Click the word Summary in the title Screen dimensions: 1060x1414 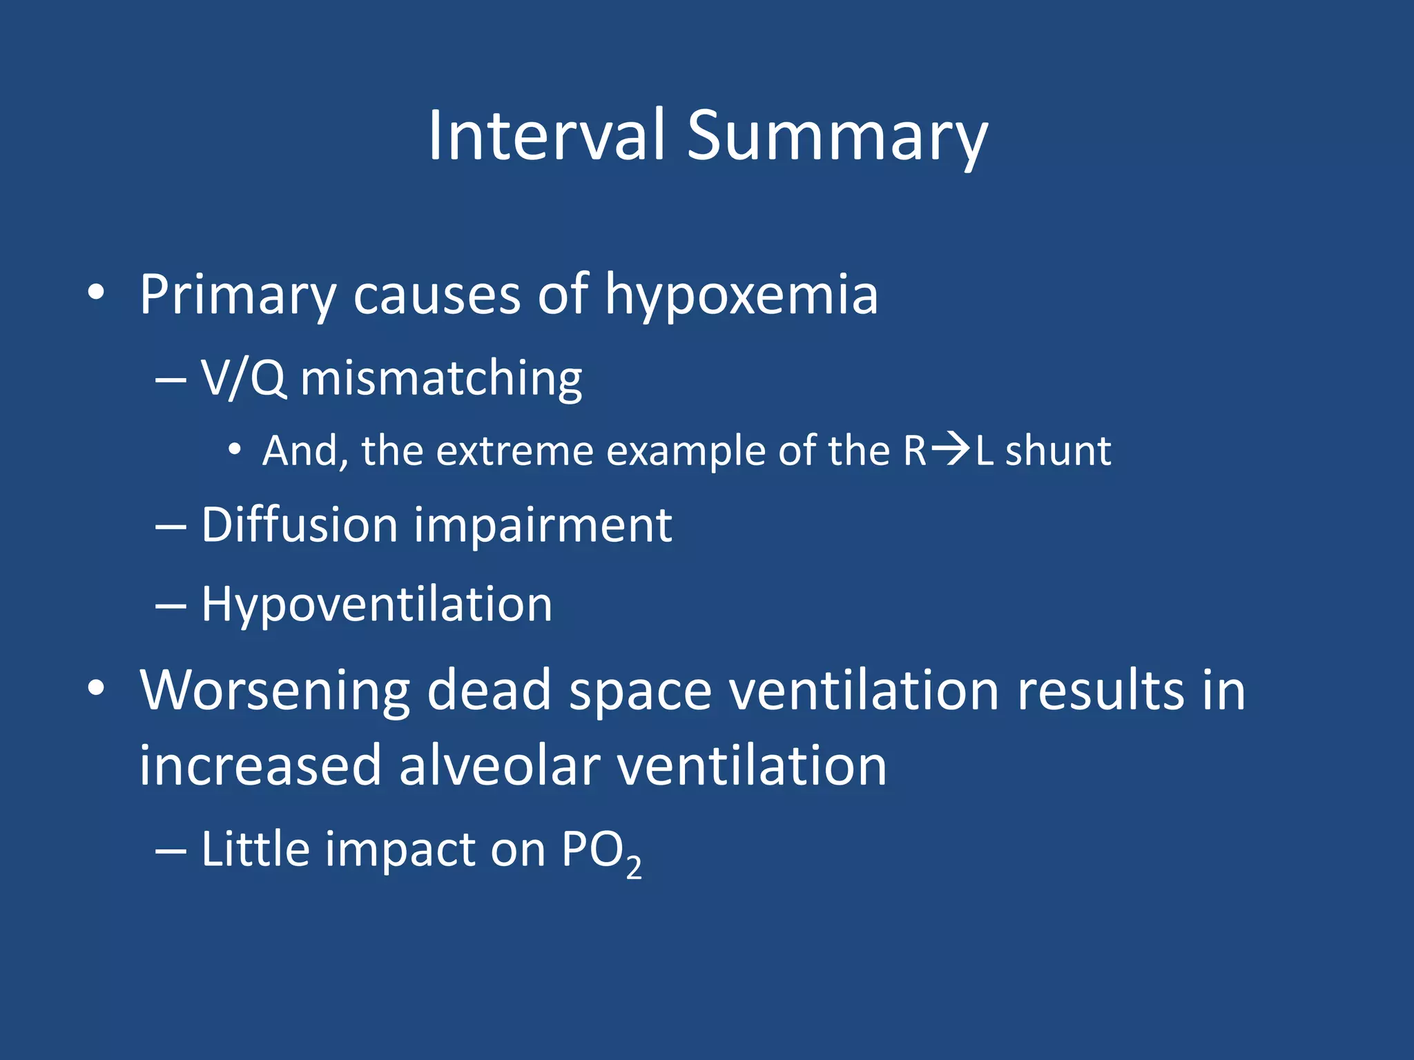click(837, 138)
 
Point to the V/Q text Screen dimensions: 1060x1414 click(243, 378)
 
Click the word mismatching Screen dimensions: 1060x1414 click(442, 380)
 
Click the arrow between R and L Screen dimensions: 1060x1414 click(950, 450)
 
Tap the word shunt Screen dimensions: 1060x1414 click(1058, 451)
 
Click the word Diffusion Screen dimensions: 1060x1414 click(300, 525)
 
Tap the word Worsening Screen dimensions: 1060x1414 click(275, 691)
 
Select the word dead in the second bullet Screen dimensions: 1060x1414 click(489, 689)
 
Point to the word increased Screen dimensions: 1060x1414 click(260, 765)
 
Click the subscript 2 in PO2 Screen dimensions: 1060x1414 click(633, 867)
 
